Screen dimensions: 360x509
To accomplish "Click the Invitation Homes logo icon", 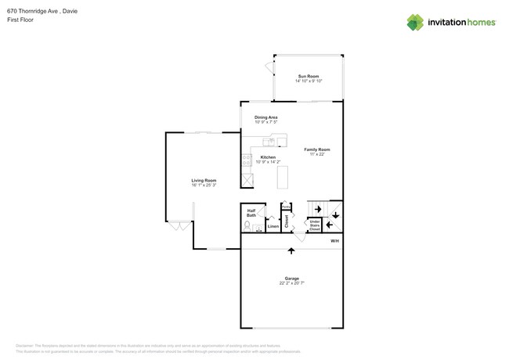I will (x=415, y=22).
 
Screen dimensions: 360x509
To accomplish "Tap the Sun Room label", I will (x=308, y=77).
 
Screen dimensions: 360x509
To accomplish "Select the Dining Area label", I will (x=266, y=117).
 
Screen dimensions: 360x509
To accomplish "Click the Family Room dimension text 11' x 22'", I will (x=317, y=154).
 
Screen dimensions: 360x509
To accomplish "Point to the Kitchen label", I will (x=268, y=157).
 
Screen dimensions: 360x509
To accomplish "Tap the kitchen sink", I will (x=270, y=142).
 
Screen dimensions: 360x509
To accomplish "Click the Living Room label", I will (x=204, y=181).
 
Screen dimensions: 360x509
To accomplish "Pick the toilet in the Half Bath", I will (x=247, y=226).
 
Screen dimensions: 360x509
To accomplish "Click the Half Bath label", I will (x=251, y=212).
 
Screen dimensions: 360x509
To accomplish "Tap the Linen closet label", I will (x=273, y=227).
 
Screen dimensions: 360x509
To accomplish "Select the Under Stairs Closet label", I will (x=314, y=225).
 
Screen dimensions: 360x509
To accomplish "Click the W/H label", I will (x=334, y=241).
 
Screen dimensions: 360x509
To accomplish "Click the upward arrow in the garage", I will (x=291, y=251).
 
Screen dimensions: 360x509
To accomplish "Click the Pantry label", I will (x=287, y=207).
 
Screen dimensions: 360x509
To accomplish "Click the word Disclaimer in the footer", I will (x=27, y=344).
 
